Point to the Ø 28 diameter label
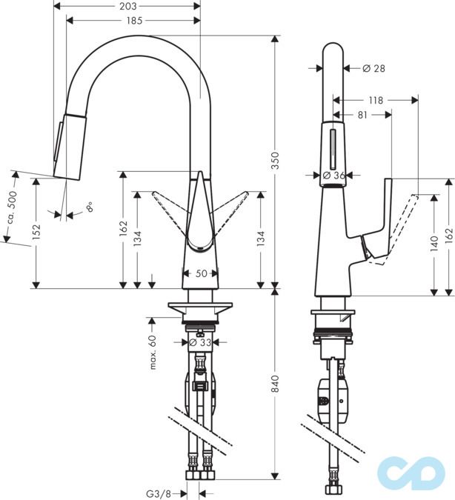pos(374,69)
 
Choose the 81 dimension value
pos(363,115)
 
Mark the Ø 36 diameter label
pos(335,176)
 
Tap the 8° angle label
pos(90,208)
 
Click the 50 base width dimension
pos(200,274)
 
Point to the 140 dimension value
pos(434,244)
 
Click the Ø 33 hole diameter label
pos(202,342)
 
